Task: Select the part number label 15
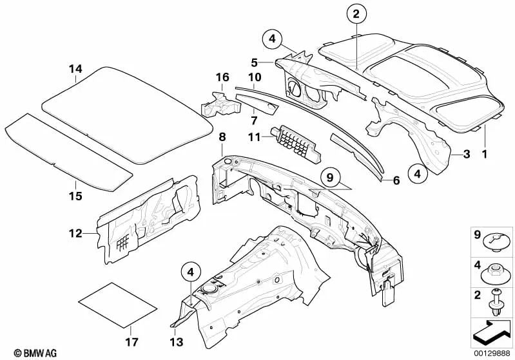76,195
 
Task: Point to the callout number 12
76,233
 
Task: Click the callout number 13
175,341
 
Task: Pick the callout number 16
222,78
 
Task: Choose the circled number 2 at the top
356,13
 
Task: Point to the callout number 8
222,137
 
